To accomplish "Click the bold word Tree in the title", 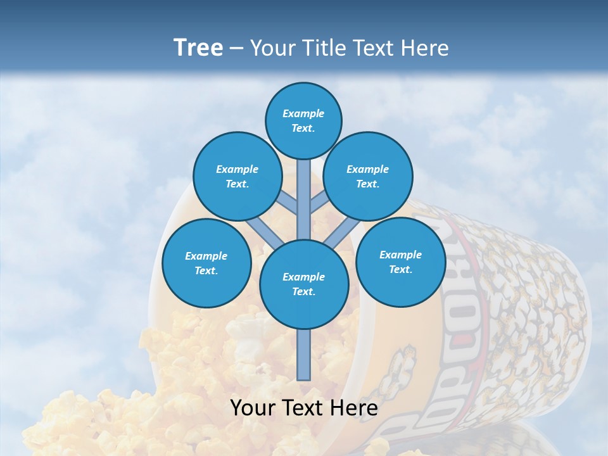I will [x=198, y=47].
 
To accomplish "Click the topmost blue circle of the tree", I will [x=303, y=120].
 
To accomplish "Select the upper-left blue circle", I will [x=237, y=176].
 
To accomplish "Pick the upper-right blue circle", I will [x=368, y=176].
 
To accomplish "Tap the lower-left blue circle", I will [x=206, y=263].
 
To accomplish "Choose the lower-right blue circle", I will [x=400, y=262].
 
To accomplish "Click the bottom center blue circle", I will [x=304, y=284].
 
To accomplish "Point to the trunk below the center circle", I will [x=304, y=355].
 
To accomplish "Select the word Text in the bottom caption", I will [x=303, y=408].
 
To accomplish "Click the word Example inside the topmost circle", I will [x=303, y=113].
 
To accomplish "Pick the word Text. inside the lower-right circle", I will [x=400, y=269].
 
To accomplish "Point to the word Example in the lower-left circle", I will [x=206, y=256].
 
